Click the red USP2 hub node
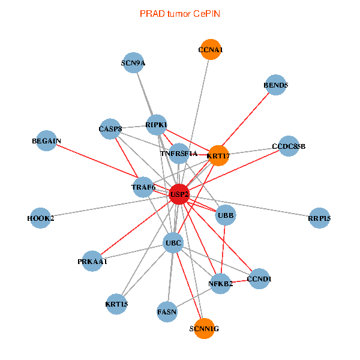point(179,194)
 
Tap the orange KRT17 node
point(218,155)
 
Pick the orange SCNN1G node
point(204,328)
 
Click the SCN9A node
point(133,62)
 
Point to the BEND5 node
point(276,85)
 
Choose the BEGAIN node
point(47,141)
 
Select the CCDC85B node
point(289,146)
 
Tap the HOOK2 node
point(41,218)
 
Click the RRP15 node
point(319,218)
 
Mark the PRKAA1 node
point(92,261)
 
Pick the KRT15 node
point(116,304)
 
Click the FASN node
point(167,311)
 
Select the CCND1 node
point(259,278)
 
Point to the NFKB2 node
point(220,283)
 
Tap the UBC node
point(173,243)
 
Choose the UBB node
point(226,215)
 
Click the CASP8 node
point(110,128)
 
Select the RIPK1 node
point(157,124)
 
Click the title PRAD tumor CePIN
point(179,13)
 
